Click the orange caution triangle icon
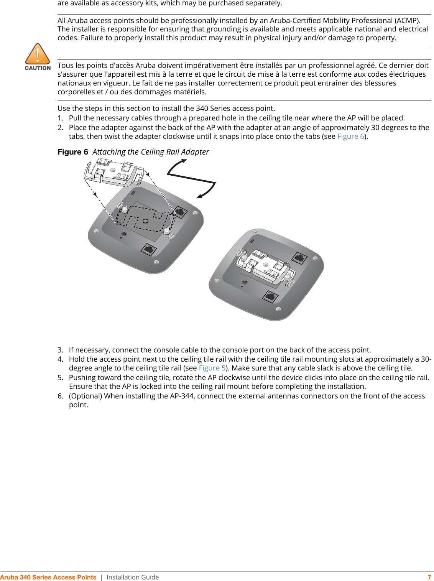pos(38,54)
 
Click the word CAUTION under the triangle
pos(38,68)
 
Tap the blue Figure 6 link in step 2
pos(350,137)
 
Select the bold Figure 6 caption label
pos(73,152)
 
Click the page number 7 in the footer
pos(429,577)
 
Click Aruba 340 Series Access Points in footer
pos(48,577)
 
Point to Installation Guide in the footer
pos(133,577)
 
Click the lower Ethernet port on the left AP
pos(148,249)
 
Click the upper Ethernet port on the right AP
pos(299,258)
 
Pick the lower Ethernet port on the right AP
pos(271,296)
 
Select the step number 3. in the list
pos(61,350)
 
